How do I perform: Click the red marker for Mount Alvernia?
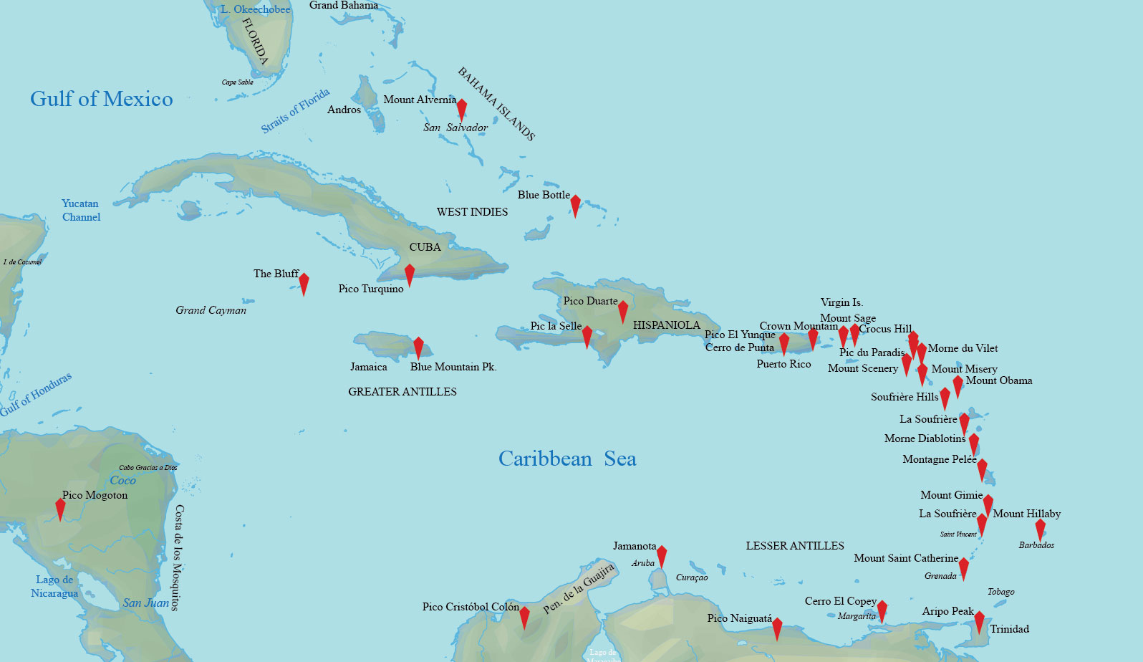coord(462,108)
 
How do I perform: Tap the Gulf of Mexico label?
coord(102,99)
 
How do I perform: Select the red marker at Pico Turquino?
coord(410,274)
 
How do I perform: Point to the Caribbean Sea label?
coord(567,459)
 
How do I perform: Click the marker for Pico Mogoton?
coord(61,508)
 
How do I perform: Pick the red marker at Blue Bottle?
coord(575,205)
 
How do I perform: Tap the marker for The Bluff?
coord(304,283)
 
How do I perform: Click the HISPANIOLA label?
coord(666,325)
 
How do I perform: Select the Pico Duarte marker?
coord(623,311)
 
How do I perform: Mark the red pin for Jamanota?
coord(662,555)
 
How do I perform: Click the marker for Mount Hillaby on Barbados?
coord(1041,529)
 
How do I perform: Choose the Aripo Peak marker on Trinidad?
coord(979,621)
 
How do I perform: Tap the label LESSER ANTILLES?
coord(795,546)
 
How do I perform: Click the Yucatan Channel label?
coord(81,210)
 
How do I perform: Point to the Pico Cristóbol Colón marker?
coord(524,616)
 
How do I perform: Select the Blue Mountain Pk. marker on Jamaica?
coord(418,347)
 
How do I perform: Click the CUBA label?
coord(425,247)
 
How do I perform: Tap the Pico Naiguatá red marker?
coord(777,628)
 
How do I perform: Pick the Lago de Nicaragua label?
coord(54,586)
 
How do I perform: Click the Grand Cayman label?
coord(211,310)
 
